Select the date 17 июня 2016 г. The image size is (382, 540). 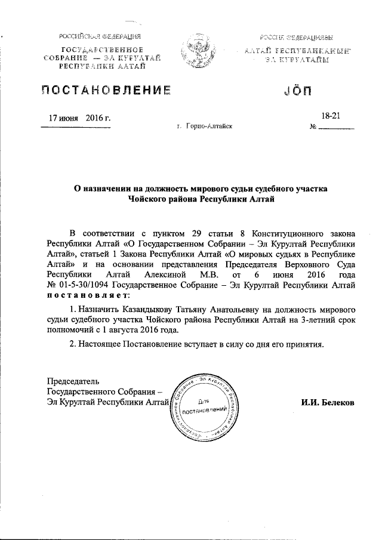click(x=79, y=118)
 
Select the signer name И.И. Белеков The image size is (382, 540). click(x=328, y=403)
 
